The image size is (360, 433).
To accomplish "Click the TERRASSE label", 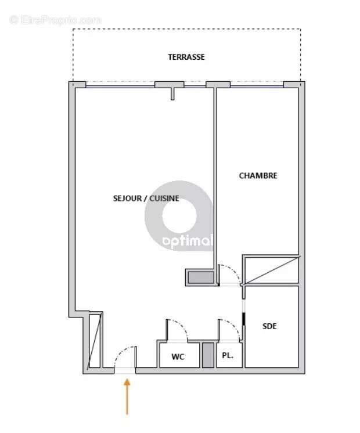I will tap(186, 57).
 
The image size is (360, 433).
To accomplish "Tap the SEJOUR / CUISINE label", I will tap(146, 199).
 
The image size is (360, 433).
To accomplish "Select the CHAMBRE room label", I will tap(258, 176).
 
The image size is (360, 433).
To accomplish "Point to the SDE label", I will tap(269, 326).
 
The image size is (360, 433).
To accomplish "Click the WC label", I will tap(178, 357).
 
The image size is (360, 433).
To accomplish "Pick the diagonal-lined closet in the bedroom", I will tap(271, 269).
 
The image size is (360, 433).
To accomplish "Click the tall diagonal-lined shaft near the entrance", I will tap(94, 341).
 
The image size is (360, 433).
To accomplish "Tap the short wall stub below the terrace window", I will tap(172, 93).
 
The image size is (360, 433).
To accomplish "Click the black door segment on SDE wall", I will tap(243, 320).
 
